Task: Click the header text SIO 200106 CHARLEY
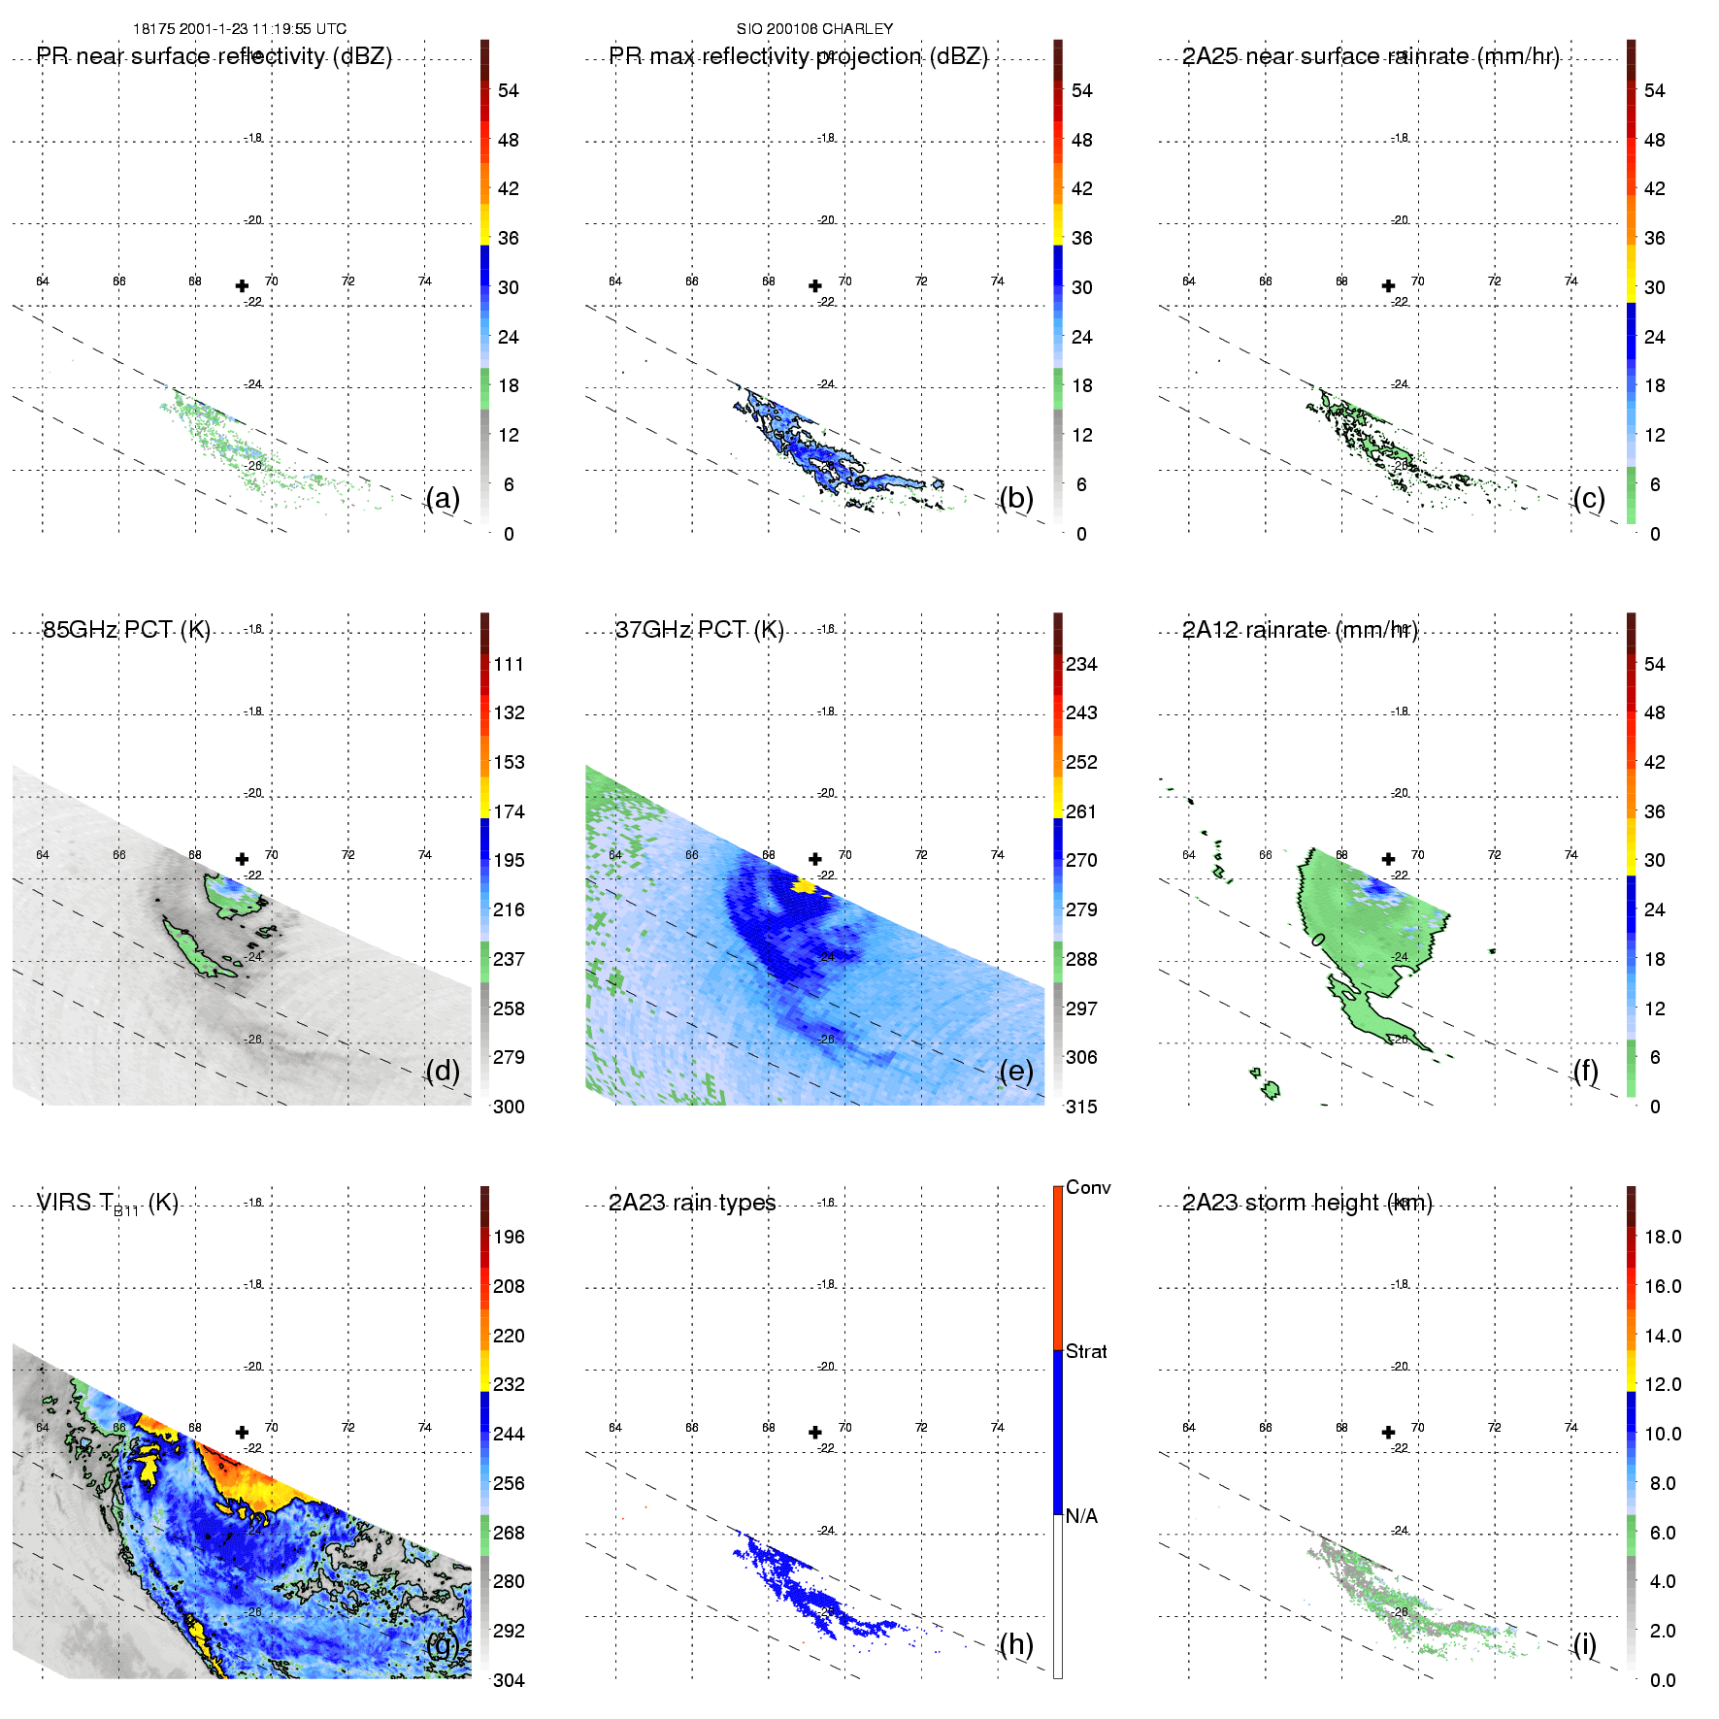tap(814, 29)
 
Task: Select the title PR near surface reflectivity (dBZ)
tap(215, 56)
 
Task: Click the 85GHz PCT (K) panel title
tap(126, 630)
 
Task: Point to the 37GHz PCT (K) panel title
tap(699, 630)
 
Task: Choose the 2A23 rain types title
tap(692, 1203)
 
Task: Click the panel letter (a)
tap(443, 499)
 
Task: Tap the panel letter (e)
tap(1016, 1072)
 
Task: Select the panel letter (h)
tap(1016, 1644)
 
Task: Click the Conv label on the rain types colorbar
tap(1088, 1187)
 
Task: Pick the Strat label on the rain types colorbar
tap(1086, 1351)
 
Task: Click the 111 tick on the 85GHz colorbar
tap(509, 664)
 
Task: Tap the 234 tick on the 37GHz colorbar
tap(1081, 664)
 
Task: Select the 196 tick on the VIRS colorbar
tap(509, 1237)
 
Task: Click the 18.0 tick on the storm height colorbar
tap(1663, 1237)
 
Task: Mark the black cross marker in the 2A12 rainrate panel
tap(1388, 859)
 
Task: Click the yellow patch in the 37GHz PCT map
tap(804, 886)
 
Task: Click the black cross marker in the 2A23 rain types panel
tap(815, 1432)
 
